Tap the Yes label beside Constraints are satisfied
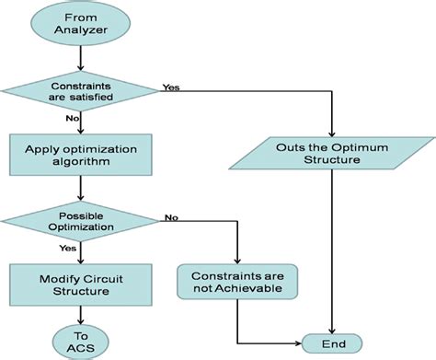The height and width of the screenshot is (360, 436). click(171, 89)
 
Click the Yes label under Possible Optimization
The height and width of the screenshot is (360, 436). click(68, 247)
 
